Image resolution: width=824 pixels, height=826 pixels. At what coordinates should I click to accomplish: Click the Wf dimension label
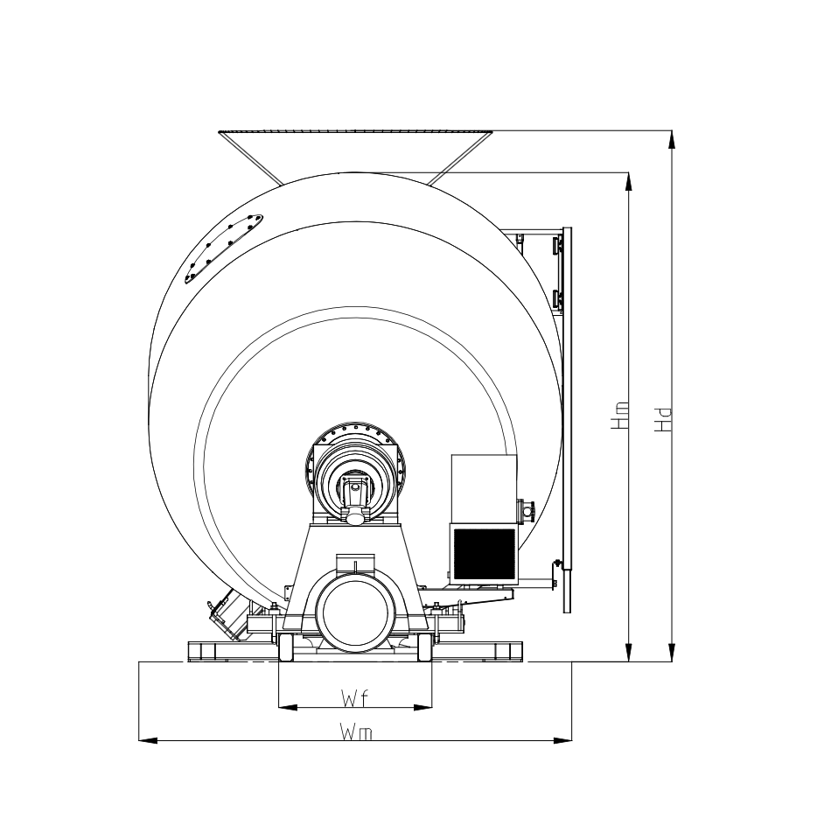point(353,698)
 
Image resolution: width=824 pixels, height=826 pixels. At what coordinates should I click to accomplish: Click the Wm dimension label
point(356,731)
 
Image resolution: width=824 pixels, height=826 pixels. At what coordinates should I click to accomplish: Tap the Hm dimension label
point(619,415)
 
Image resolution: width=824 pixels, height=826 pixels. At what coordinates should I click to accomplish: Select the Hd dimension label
point(663,420)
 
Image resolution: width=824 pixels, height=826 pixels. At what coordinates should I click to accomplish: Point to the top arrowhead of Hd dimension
point(671,140)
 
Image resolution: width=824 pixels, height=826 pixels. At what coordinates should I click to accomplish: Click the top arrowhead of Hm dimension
point(628,182)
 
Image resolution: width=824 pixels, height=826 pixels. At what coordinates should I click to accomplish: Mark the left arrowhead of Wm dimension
point(148,740)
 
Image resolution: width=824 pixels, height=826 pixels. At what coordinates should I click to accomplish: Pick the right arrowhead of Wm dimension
point(562,740)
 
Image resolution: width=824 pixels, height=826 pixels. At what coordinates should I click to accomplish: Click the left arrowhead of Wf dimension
point(288,707)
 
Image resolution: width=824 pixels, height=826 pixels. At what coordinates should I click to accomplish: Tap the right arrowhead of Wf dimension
point(422,707)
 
